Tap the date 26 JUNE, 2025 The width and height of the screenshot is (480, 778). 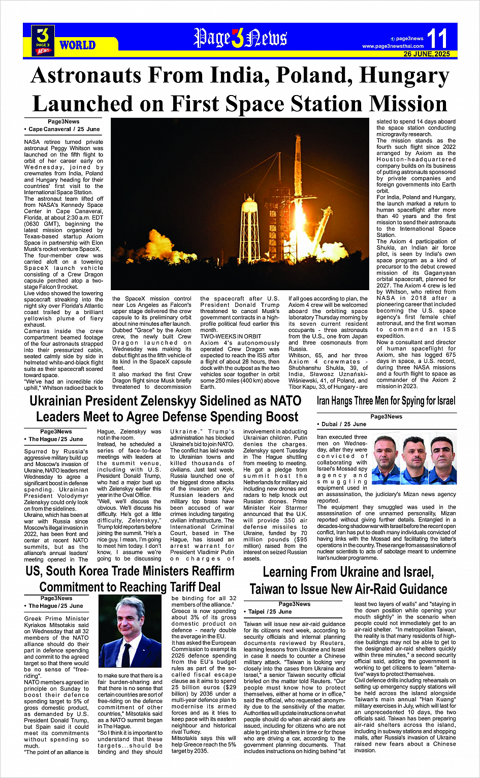[427, 54]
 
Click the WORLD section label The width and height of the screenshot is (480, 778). [77, 45]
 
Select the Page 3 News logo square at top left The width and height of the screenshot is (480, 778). [43, 40]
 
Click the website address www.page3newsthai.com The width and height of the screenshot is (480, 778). [393, 46]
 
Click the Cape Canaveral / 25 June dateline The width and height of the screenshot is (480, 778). [64, 130]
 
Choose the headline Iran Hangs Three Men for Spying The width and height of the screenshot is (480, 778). [386, 401]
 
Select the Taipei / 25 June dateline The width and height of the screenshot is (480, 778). [270, 612]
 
